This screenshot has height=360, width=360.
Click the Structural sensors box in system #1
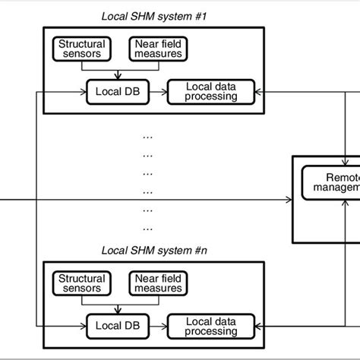[82, 49]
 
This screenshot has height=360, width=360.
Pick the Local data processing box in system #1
[211, 92]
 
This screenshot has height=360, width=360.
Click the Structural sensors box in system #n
[82, 283]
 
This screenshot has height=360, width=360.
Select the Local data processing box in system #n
[211, 327]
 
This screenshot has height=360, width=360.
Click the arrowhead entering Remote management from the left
[289, 200]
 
